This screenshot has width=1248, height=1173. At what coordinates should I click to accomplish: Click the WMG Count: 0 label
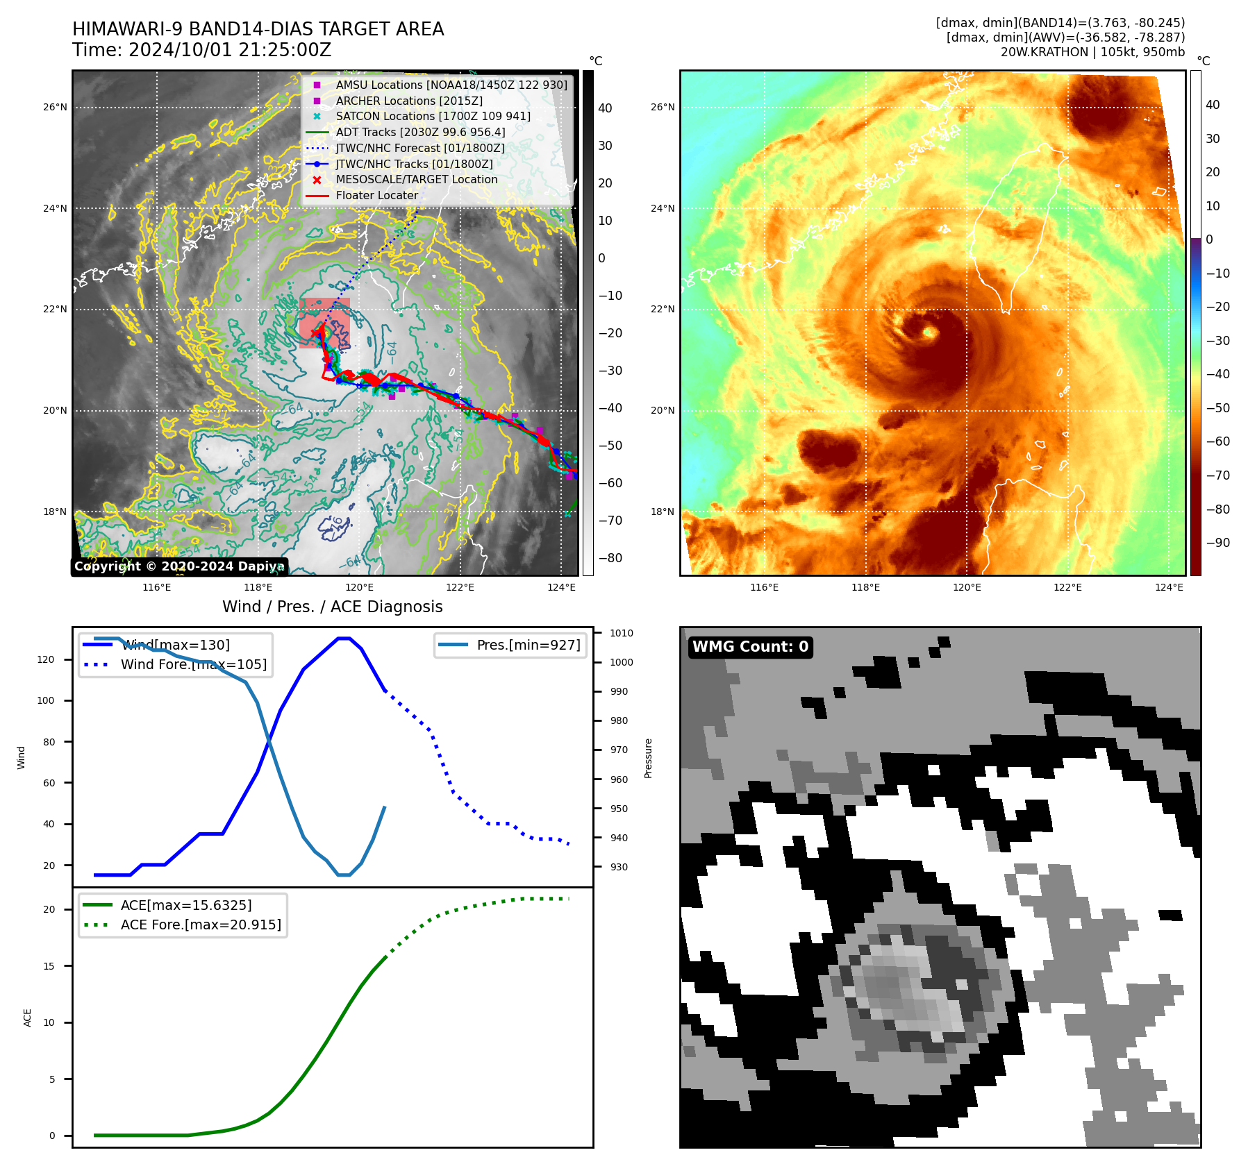tap(750, 647)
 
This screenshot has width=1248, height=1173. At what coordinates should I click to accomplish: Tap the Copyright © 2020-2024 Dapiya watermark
tap(179, 566)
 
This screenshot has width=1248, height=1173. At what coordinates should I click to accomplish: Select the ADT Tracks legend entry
tap(420, 132)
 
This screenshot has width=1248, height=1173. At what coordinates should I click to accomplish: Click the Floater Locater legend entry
tap(376, 195)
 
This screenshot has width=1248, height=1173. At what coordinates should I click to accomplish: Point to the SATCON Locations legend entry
tap(433, 116)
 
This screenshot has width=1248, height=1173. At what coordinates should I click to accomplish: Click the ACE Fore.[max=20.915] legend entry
tap(201, 925)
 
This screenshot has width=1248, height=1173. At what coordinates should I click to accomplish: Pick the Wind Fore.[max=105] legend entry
tap(193, 664)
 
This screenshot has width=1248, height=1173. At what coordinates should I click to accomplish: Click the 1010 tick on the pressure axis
tap(622, 633)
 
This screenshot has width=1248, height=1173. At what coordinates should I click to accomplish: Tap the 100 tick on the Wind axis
tap(46, 700)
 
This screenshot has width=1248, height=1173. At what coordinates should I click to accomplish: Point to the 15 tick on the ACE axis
tap(49, 966)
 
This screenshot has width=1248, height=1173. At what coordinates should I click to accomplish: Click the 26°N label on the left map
tap(56, 108)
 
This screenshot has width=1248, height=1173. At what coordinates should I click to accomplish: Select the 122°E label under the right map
tap(1068, 587)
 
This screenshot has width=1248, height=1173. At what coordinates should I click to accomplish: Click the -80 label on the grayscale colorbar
tap(610, 558)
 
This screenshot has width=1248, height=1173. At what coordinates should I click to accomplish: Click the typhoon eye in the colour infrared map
tap(929, 332)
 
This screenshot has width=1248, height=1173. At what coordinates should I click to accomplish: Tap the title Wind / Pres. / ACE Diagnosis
tap(332, 607)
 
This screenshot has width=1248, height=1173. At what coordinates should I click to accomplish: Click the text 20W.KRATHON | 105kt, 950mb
tap(1092, 52)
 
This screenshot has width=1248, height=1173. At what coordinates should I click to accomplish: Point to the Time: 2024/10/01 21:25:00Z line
tap(202, 50)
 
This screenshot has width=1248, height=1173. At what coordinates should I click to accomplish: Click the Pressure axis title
tap(648, 758)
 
